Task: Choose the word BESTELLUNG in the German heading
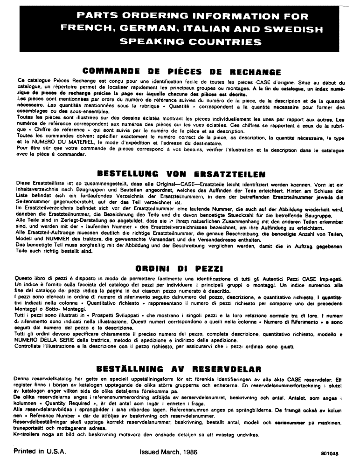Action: click(x=120, y=174)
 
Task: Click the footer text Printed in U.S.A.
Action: click(x=40, y=451)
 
